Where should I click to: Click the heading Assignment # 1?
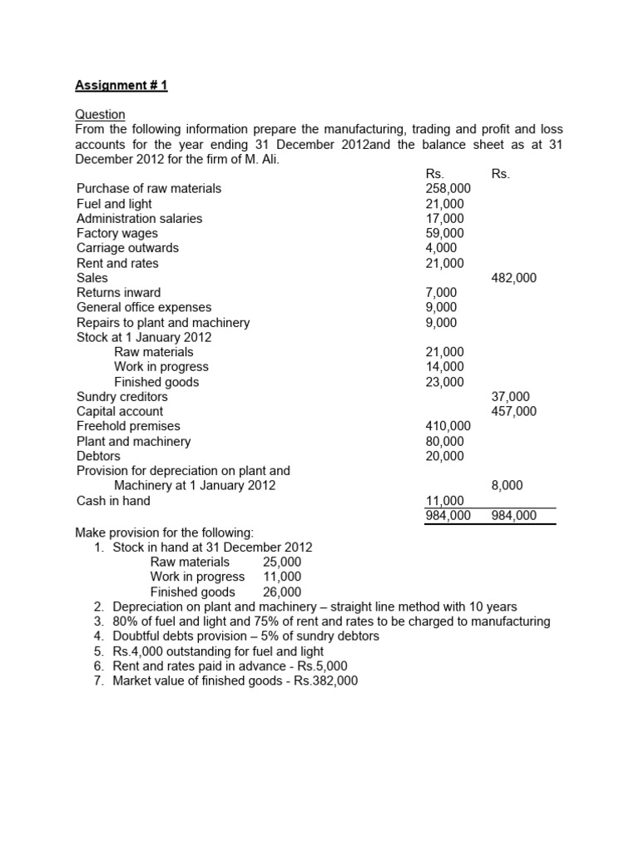(121, 85)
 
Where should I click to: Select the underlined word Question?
(101, 114)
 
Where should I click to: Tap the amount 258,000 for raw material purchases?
(448, 188)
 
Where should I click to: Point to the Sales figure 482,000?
(514, 278)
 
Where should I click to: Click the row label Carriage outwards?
(127, 248)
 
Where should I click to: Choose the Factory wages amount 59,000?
(444, 233)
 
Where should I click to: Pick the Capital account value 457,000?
(514, 411)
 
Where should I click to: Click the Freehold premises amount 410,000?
(448, 426)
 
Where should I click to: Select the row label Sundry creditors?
(122, 397)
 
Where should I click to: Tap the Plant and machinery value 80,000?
(444, 441)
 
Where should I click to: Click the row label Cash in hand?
(113, 501)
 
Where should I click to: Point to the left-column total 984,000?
(448, 516)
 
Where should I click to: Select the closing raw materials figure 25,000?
(282, 562)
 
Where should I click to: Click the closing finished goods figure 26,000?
(282, 592)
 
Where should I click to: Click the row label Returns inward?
(119, 293)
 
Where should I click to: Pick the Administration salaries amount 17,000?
(444, 218)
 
